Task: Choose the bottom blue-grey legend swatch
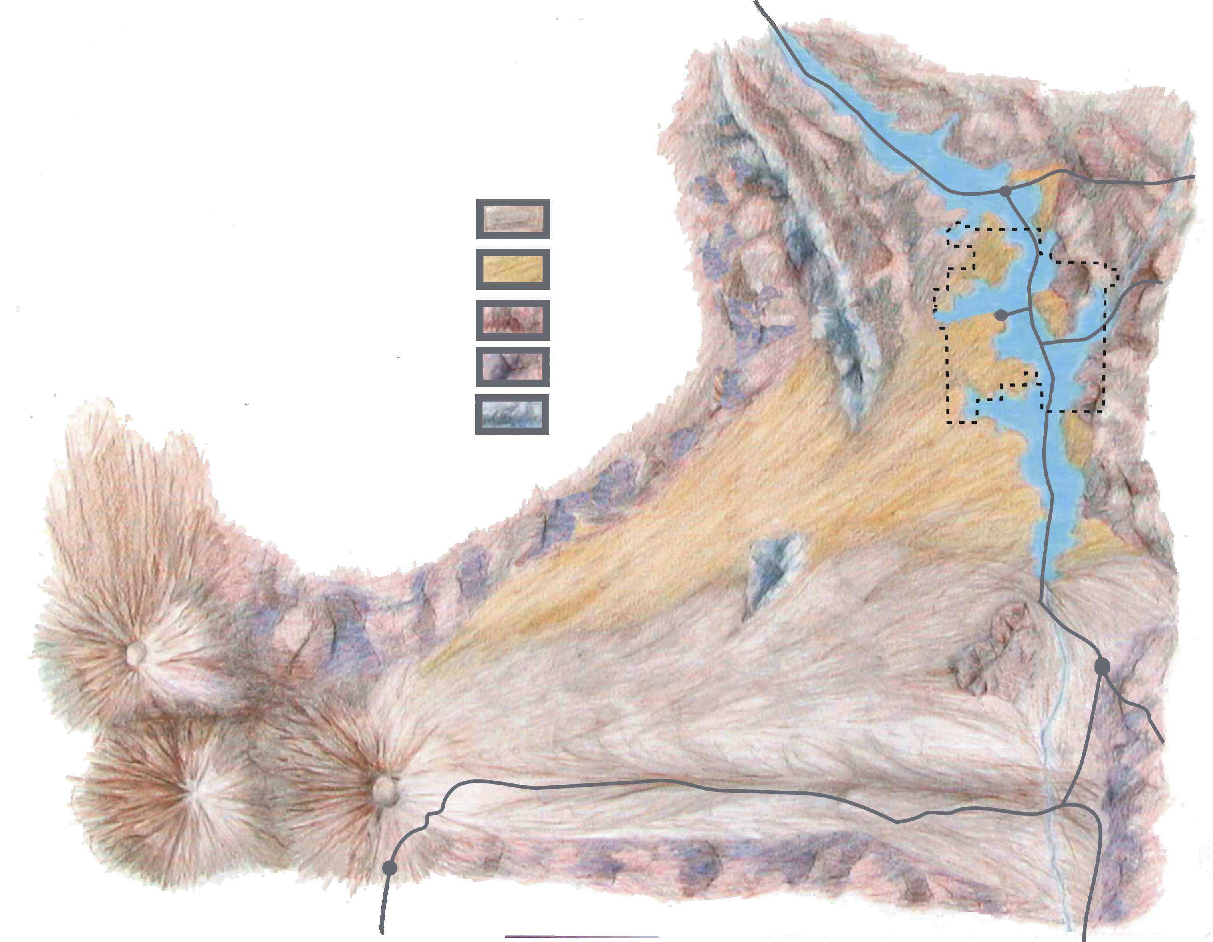tap(512, 414)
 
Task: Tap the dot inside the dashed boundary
tap(1001, 315)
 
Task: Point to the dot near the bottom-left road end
tap(390, 868)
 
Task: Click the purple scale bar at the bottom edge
tap(582, 936)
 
